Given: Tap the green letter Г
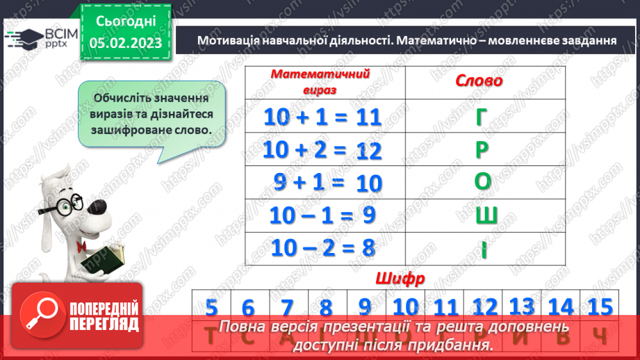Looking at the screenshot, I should [x=482, y=117].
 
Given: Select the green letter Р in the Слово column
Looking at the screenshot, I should [x=483, y=149].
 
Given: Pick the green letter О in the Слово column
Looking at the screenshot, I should [x=483, y=182].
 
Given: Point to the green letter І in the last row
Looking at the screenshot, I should [x=484, y=247].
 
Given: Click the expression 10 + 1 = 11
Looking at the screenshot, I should [x=323, y=117].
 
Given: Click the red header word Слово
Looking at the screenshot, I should [x=479, y=81].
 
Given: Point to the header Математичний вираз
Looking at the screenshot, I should [x=320, y=81].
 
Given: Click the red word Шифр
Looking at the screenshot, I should [x=400, y=279].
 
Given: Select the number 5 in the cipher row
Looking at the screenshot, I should [x=212, y=306].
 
